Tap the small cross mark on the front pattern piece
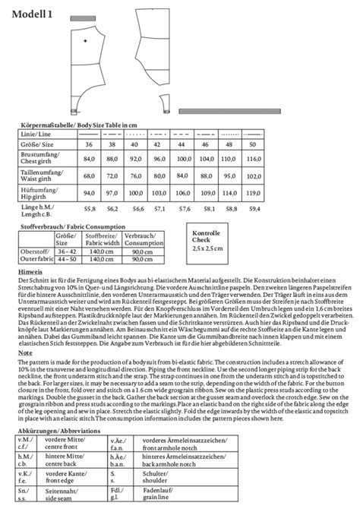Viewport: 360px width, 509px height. click(x=85, y=40)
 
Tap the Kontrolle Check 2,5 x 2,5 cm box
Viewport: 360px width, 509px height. click(x=207, y=242)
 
